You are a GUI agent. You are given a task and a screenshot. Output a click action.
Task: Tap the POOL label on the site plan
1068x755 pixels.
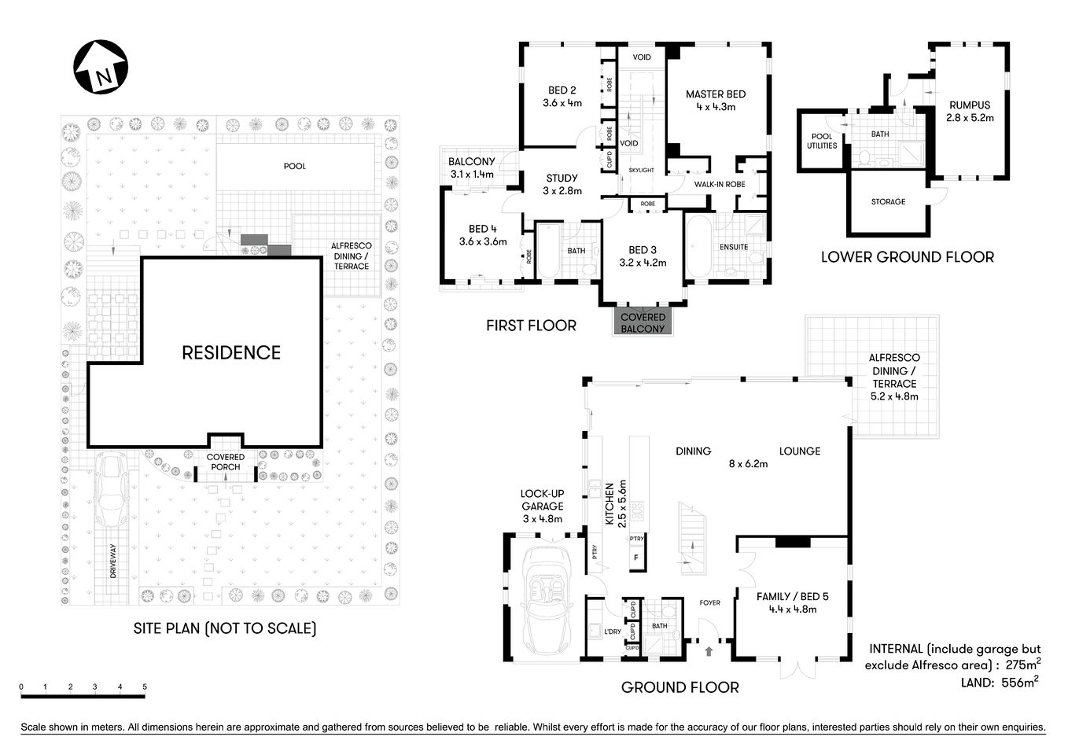click(x=295, y=166)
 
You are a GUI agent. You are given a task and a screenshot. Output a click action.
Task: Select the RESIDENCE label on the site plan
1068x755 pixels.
click(x=231, y=353)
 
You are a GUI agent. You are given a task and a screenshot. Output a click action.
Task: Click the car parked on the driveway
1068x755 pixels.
click(x=113, y=492)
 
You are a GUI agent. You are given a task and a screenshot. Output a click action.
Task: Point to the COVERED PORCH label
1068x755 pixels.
click(x=225, y=462)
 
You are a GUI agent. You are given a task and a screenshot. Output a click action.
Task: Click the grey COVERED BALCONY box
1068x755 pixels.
click(x=643, y=322)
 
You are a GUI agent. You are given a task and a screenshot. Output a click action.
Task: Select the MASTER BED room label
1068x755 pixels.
click(x=715, y=94)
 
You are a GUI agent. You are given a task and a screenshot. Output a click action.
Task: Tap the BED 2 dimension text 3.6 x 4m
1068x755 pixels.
click(x=562, y=103)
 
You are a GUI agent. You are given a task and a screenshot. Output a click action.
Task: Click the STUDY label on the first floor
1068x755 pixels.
click(x=562, y=178)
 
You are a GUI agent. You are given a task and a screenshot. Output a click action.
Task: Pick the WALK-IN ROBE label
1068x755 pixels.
click(x=719, y=184)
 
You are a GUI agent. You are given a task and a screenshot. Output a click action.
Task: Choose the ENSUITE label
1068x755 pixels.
click(x=733, y=247)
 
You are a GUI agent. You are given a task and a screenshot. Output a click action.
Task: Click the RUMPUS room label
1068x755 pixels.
click(x=969, y=105)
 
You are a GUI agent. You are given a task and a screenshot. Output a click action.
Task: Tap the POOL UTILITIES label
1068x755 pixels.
click(x=821, y=141)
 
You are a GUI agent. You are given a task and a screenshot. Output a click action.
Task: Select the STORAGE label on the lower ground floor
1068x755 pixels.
click(x=888, y=202)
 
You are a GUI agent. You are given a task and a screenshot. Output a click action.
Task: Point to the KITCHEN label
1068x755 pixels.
click(x=609, y=504)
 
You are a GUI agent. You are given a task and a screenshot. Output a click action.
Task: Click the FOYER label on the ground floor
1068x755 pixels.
click(x=709, y=603)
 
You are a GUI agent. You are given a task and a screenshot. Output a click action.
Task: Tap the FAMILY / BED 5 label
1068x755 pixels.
click(x=792, y=596)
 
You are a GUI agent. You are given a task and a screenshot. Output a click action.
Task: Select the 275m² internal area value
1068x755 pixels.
click(x=1023, y=665)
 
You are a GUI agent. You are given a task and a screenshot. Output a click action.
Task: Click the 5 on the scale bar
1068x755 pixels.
click(x=145, y=687)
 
